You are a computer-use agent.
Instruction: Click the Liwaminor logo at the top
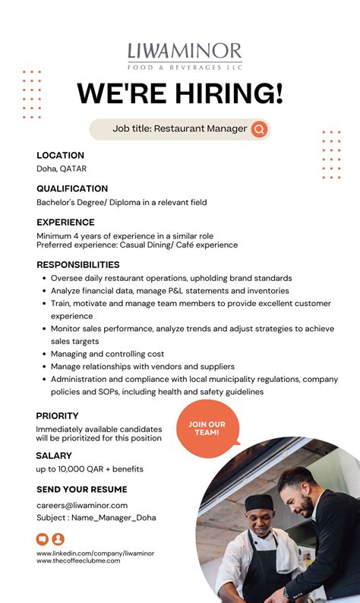tap(185, 55)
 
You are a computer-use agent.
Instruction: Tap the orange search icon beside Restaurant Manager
tap(260, 129)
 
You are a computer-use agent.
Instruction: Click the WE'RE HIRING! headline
tap(180, 93)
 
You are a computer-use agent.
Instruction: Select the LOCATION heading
tap(60, 155)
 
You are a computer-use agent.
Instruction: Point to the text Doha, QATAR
tap(62, 169)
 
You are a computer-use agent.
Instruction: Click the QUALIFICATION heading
tap(72, 188)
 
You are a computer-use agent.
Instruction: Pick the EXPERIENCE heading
tap(65, 223)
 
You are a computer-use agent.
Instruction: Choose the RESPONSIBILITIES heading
tap(78, 265)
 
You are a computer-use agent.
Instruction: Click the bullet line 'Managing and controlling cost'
tap(108, 354)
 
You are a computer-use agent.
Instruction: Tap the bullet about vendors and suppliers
tap(143, 367)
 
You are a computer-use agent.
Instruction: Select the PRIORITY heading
tap(57, 416)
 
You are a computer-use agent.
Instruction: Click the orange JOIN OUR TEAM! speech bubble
tap(207, 428)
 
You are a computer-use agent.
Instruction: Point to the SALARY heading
tap(54, 456)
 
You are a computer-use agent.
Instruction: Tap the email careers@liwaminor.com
tap(82, 505)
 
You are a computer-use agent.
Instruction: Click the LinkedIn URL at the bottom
tap(95, 554)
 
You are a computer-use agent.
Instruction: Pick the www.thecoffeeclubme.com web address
tap(78, 560)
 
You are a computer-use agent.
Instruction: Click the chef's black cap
tap(259, 502)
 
